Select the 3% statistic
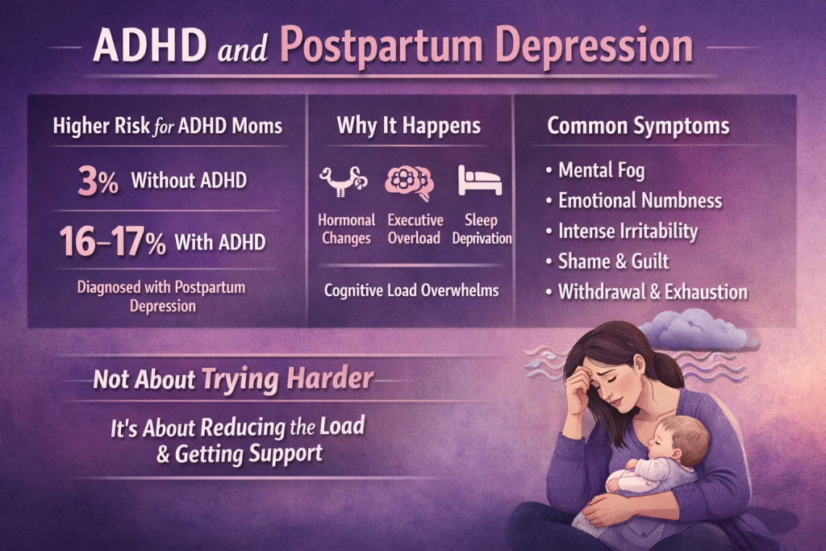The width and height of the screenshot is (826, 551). (98, 181)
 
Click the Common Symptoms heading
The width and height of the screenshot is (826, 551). (637, 126)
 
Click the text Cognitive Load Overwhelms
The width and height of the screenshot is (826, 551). (410, 290)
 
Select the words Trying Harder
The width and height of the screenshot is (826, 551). (287, 379)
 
